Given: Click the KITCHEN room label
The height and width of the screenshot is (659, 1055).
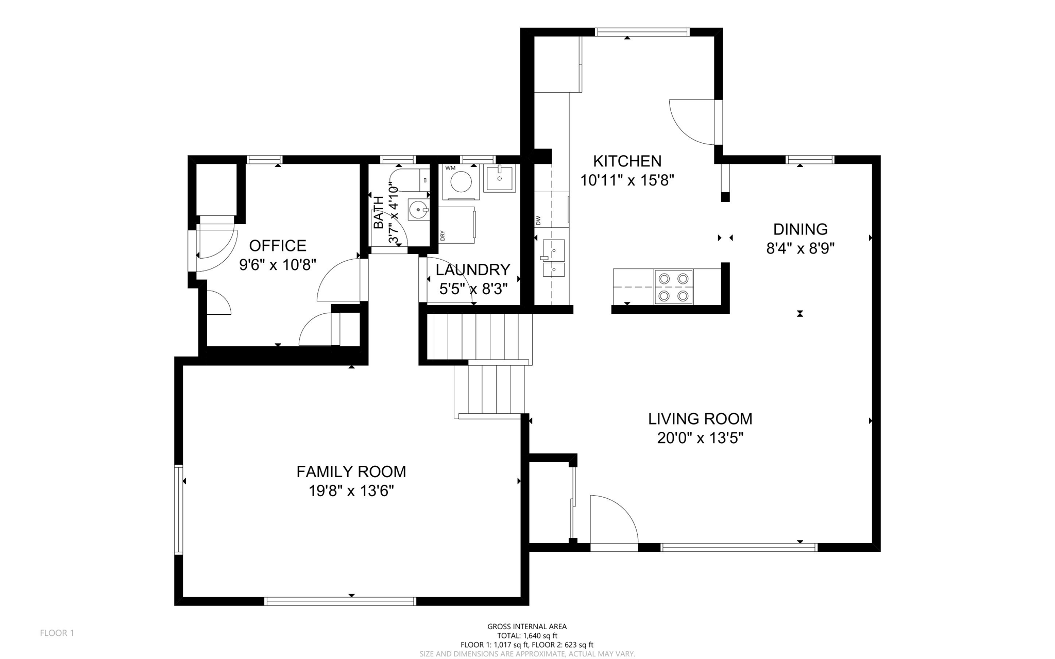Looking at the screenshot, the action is click(x=627, y=161).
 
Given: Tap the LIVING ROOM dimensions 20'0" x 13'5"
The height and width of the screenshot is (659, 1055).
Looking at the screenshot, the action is click(x=700, y=438).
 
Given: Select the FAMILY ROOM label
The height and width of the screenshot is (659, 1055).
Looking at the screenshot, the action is click(x=351, y=471).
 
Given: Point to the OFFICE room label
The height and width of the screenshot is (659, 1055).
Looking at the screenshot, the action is click(x=278, y=245).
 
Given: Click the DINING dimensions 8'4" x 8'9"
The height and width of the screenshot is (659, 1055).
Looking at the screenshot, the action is click(x=801, y=249).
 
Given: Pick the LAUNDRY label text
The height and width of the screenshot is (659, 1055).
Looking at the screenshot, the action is click(x=473, y=270).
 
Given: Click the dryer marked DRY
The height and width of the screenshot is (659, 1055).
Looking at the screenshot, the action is click(x=457, y=225).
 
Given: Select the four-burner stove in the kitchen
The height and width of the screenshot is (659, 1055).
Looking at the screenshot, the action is click(x=674, y=287).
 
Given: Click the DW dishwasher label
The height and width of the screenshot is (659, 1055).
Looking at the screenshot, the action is click(x=538, y=221).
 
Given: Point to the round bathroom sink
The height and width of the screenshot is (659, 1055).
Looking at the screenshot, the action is click(x=418, y=210).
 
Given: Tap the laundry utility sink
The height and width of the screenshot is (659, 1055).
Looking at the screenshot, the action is click(x=499, y=178).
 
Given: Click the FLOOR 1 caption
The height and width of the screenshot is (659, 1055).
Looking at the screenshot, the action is click(x=57, y=633).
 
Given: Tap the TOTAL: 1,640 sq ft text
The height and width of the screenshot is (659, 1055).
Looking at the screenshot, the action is click(x=527, y=636).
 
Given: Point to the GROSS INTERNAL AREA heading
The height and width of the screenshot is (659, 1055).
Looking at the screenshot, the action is click(x=527, y=627).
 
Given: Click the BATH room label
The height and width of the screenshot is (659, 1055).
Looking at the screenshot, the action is click(x=379, y=213).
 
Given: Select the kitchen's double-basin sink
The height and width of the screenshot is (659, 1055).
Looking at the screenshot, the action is click(x=553, y=258).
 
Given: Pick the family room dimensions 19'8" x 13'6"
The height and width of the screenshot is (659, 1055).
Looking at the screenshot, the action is click(x=351, y=491).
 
